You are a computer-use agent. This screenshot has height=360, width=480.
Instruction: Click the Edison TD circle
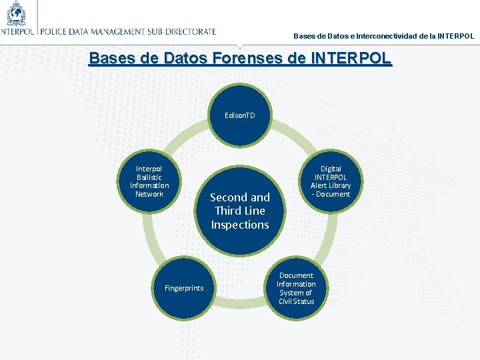[240, 116]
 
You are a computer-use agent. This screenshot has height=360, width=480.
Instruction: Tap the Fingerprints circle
[184, 288]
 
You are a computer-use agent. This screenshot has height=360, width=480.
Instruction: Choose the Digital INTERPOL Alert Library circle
[330, 181]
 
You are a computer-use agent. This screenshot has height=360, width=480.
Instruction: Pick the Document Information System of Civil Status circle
[296, 288]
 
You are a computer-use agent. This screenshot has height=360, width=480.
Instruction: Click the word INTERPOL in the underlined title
[351, 58]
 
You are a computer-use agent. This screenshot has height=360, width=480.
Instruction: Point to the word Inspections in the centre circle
[240, 225]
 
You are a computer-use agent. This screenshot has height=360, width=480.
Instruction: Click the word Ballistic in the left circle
[149, 177]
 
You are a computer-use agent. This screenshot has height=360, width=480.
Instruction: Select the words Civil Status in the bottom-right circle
[296, 301]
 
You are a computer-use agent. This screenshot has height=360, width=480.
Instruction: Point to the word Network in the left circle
[149, 194]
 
